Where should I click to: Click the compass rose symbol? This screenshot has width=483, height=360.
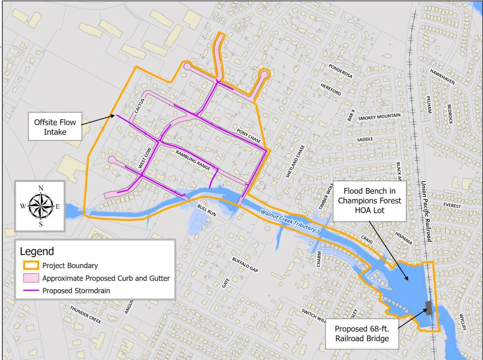click(41, 206)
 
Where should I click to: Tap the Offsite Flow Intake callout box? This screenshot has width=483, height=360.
click(55, 126)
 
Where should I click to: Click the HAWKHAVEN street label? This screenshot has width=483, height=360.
click(442, 76)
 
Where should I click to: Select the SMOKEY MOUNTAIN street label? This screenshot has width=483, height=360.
click(379, 116)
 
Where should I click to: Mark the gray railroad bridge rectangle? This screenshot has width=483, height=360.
click(429, 307)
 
